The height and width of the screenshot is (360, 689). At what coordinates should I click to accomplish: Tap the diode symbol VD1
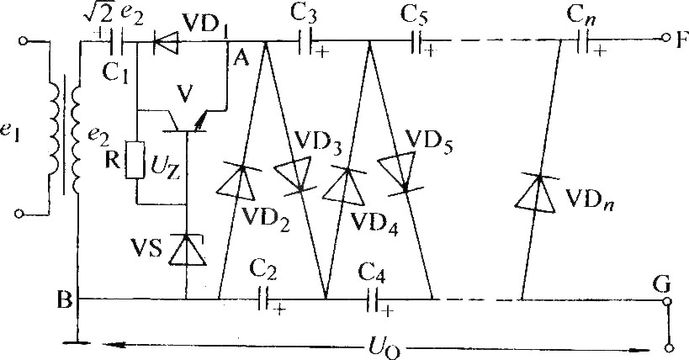(x=166, y=42)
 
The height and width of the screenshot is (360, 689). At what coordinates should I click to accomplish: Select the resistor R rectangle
(x=135, y=160)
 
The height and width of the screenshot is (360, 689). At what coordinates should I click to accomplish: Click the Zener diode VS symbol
(x=187, y=250)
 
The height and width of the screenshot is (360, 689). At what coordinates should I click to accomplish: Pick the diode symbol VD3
(x=294, y=176)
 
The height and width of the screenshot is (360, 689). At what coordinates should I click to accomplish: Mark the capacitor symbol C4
(x=374, y=299)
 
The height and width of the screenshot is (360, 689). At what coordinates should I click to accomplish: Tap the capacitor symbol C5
(x=416, y=42)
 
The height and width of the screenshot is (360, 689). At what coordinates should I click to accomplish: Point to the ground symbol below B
(x=77, y=341)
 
